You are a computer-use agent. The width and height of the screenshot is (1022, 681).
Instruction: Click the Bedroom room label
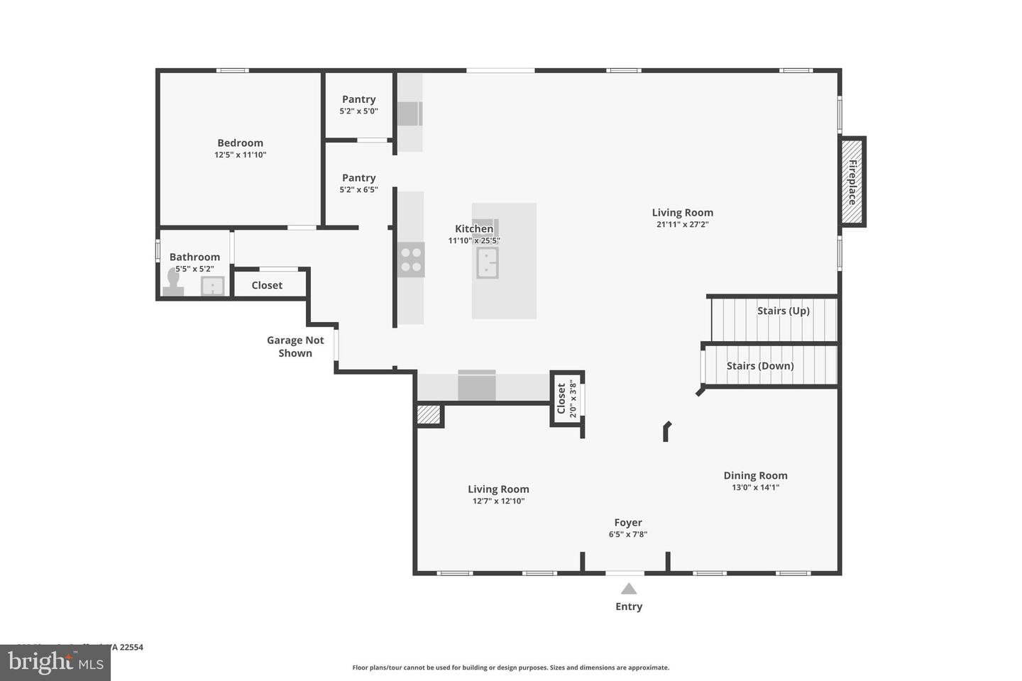[x=240, y=143]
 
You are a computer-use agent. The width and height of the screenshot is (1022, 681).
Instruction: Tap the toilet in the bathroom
[x=173, y=283]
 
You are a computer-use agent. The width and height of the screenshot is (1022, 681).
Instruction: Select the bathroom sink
[x=212, y=286]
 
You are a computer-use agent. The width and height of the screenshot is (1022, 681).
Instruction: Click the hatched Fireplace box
[x=852, y=182]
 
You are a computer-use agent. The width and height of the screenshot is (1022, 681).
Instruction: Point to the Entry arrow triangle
[x=629, y=588]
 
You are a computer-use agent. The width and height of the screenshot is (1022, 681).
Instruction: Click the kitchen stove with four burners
[x=411, y=259]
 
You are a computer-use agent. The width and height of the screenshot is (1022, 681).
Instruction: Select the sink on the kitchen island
[x=487, y=262]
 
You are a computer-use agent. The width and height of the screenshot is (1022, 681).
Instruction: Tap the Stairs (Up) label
[x=783, y=311]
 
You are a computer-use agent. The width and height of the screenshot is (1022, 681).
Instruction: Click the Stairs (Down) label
[x=759, y=366]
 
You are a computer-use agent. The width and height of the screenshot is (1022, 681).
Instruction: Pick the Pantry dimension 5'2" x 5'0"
[x=358, y=111]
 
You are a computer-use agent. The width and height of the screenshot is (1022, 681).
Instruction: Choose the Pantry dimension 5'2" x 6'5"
[x=358, y=190]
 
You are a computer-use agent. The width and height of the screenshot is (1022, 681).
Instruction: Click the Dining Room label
[x=755, y=476]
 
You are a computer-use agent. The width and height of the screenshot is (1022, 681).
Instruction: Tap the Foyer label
[x=628, y=523]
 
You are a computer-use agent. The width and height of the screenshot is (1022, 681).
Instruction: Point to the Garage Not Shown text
[x=295, y=347]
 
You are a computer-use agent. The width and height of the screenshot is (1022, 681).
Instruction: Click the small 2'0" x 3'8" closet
[x=567, y=399]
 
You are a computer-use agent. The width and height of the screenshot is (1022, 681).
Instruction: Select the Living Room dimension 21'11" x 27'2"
[x=682, y=225]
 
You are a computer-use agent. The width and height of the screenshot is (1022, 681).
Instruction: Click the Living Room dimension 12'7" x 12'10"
[x=498, y=502]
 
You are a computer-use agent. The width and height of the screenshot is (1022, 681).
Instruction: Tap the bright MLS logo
[x=55, y=663]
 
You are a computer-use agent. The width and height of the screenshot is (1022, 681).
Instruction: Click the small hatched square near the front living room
[x=429, y=414]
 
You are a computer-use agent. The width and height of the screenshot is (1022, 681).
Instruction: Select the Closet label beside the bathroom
[x=267, y=285]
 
